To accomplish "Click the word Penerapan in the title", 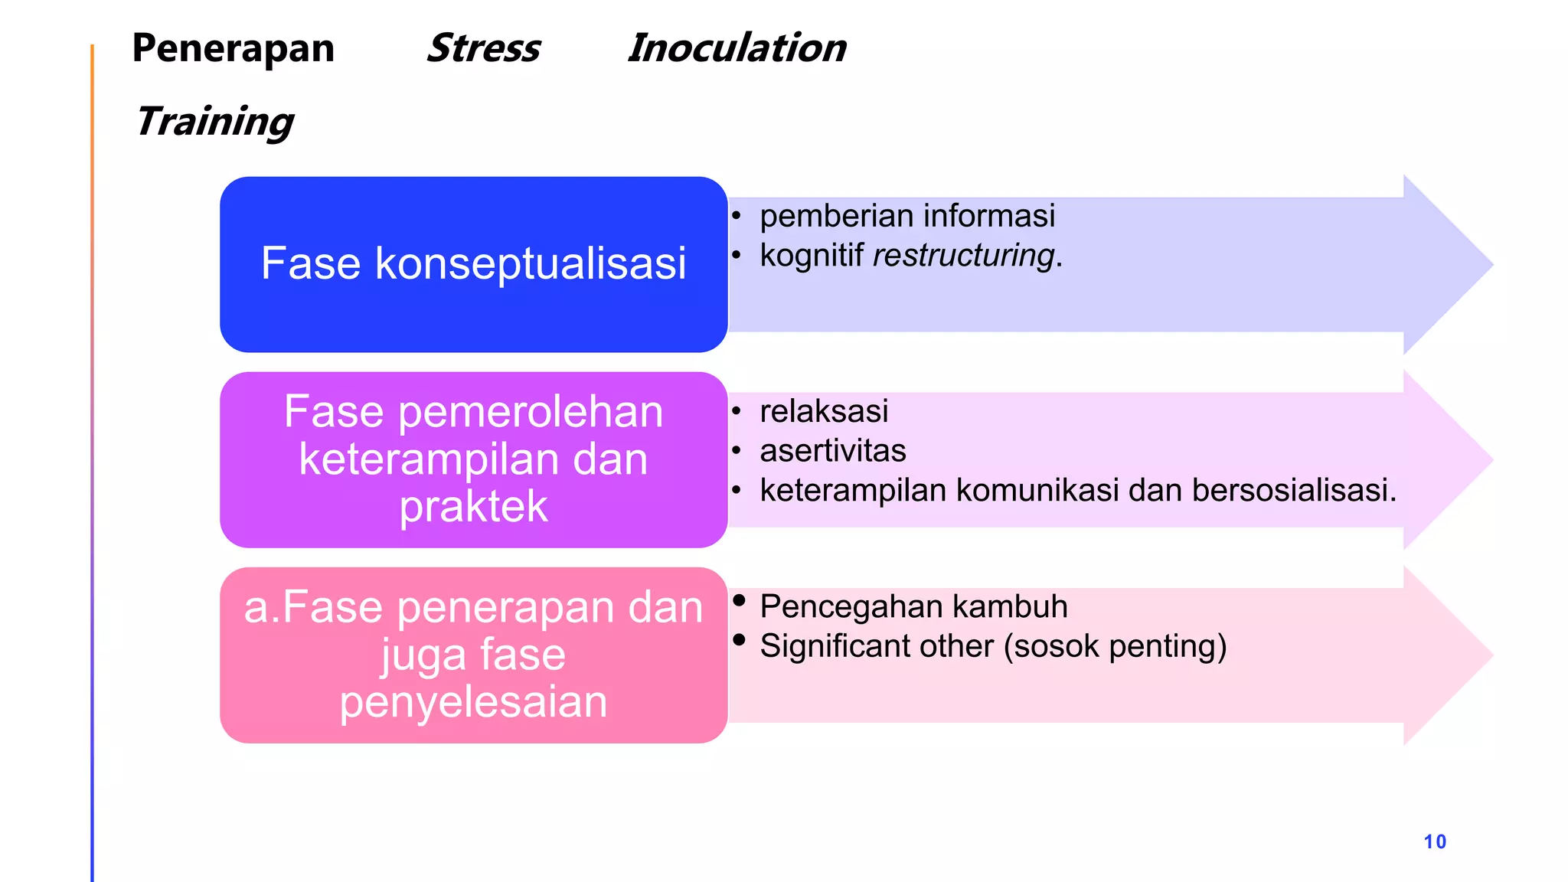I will [x=233, y=48].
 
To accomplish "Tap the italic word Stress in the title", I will [x=483, y=48].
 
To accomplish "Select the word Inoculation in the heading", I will [x=737, y=48].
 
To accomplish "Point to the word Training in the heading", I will [x=214, y=122].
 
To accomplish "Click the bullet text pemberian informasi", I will [x=907, y=216].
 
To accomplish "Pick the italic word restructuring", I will [x=964, y=255].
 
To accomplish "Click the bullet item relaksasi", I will [x=824, y=411].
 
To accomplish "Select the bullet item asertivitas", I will [x=833, y=451].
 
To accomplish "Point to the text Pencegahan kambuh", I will [x=913, y=606].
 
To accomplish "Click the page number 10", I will [x=1435, y=841].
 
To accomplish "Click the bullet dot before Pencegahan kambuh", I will [x=739, y=600].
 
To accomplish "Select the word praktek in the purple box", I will [x=473, y=507].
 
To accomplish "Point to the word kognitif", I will [x=812, y=255].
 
